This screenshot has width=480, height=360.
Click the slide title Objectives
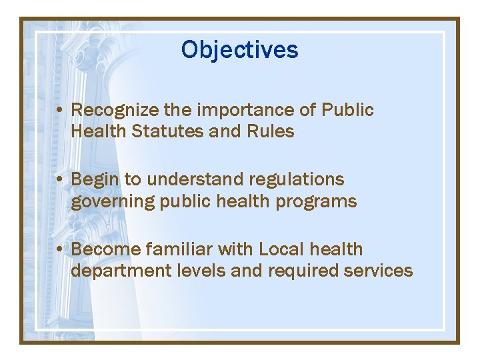[239, 50]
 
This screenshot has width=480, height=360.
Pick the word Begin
[93, 180]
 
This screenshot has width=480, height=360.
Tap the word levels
[197, 271]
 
